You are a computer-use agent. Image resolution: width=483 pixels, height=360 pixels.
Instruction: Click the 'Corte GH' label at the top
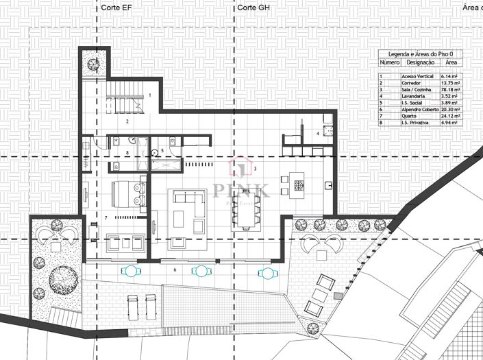tap(252, 8)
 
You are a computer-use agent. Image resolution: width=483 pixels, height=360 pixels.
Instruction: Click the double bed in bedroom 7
tap(126, 193)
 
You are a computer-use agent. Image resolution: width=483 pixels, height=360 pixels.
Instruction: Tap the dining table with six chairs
tap(245, 208)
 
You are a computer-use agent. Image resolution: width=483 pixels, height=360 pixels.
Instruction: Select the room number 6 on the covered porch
tap(175, 269)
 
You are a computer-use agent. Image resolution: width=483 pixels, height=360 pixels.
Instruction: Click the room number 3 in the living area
tap(254, 168)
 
